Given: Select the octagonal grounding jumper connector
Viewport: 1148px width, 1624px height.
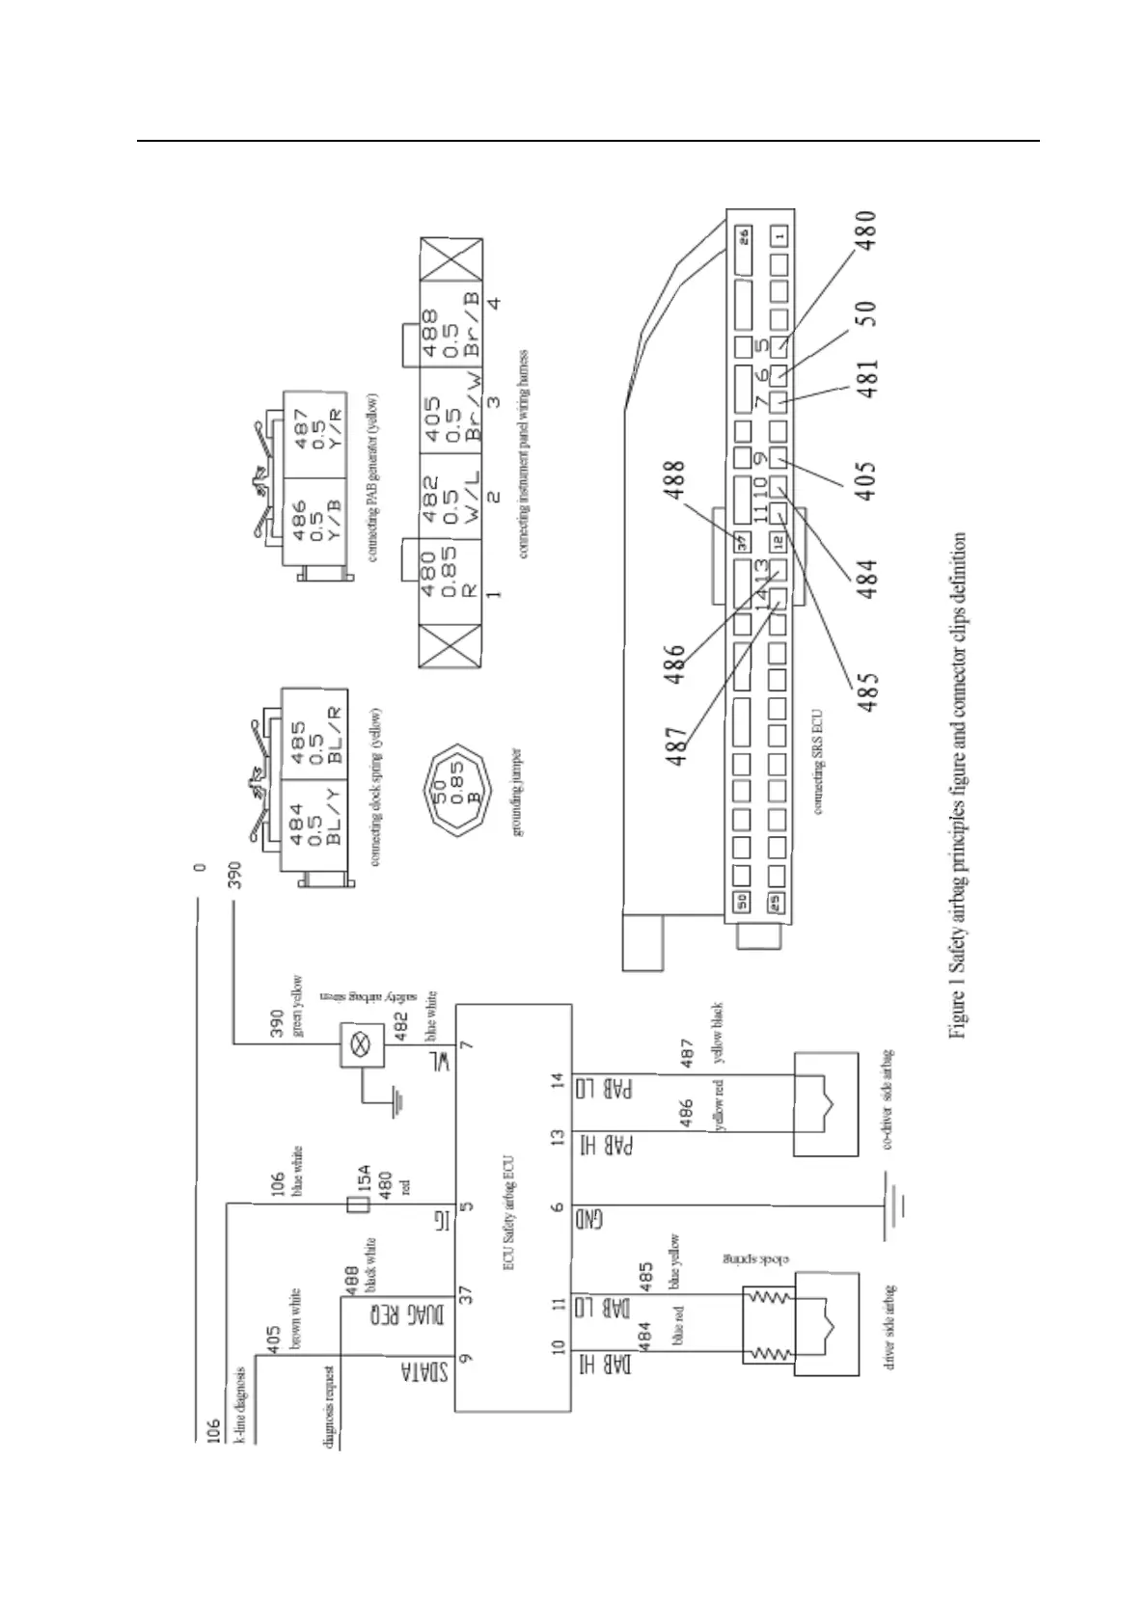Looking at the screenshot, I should (x=454, y=790).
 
